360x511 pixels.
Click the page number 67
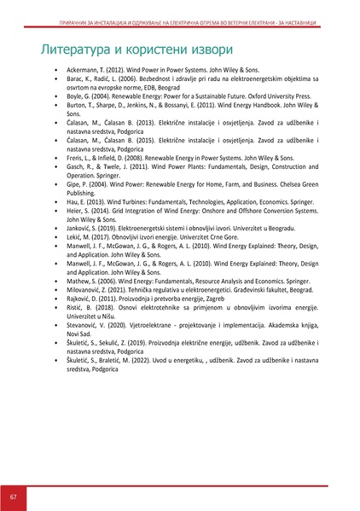coord(14,496)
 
